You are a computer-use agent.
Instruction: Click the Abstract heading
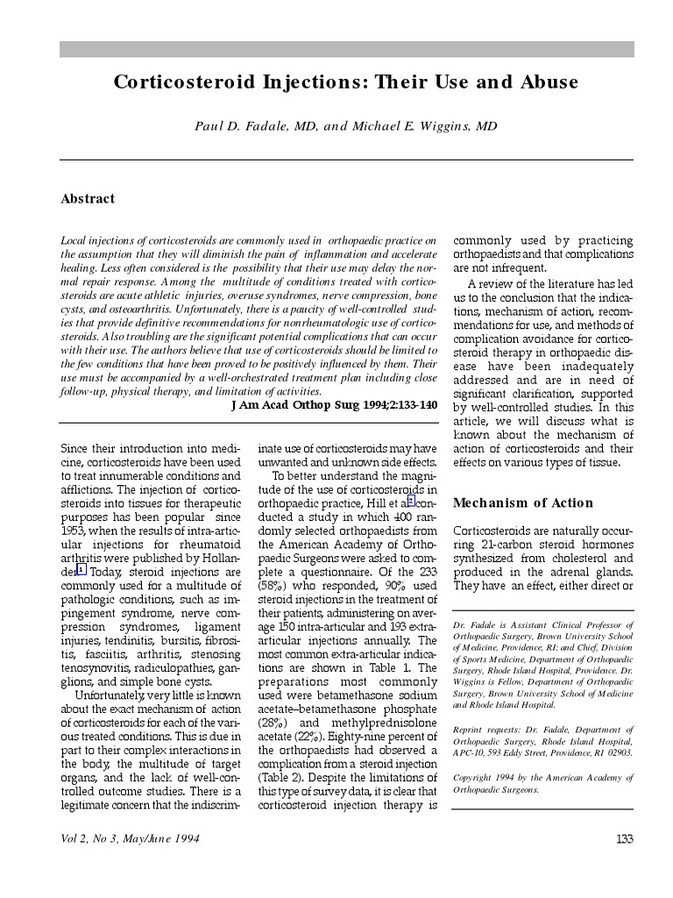tap(88, 199)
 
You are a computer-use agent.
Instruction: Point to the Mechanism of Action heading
tap(523, 503)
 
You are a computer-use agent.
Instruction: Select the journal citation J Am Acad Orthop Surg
tap(307, 406)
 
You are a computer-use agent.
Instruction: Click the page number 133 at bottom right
tap(624, 839)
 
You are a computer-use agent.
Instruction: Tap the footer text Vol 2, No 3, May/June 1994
tap(130, 839)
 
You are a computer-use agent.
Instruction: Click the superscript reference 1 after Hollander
tap(81, 568)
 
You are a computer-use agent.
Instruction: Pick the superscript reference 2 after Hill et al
tap(409, 501)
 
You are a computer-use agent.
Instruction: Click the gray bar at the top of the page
tap(346, 49)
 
